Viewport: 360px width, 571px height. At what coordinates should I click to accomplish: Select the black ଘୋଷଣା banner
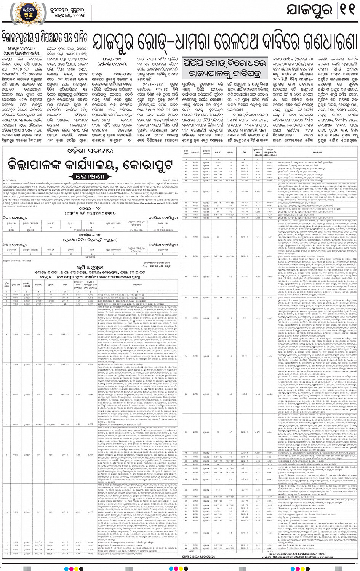click(90, 176)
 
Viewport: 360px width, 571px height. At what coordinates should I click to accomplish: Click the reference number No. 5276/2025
click(10, 180)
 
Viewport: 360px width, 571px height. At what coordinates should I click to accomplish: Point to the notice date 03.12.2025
click(169, 180)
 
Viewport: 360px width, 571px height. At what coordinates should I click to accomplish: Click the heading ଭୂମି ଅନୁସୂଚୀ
click(90, 269)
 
